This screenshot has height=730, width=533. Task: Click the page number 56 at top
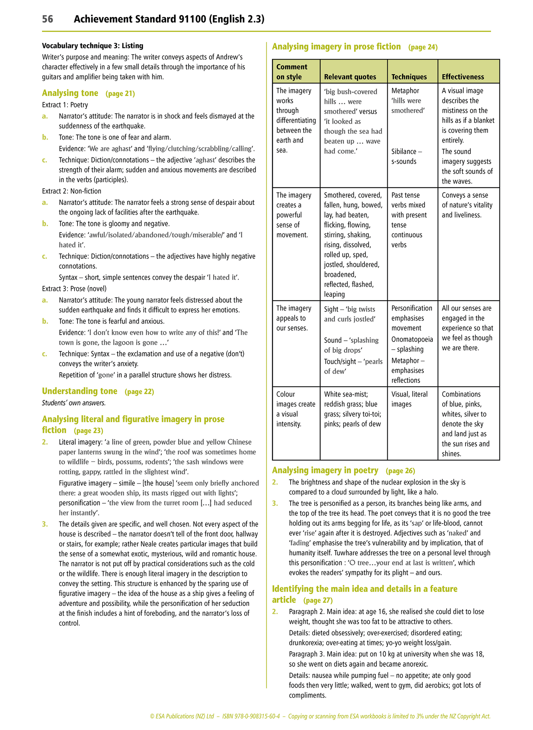point(48,19)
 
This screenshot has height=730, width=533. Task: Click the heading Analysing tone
point(70,93)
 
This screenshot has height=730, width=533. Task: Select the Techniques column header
point(409,77)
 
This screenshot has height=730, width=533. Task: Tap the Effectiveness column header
point(463,77)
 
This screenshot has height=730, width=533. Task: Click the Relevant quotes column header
point(350,77)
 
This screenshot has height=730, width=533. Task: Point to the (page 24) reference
point(423,47)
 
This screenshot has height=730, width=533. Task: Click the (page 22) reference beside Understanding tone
point(139,391)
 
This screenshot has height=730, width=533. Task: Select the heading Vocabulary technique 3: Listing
point(93,46)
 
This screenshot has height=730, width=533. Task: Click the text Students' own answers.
point(74,402)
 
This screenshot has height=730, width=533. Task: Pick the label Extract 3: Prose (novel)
point(74,288)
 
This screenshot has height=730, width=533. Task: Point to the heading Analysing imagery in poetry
point(325,470)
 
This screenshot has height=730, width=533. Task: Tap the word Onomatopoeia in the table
point(412,339)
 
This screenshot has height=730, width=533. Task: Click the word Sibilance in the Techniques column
point(404,151)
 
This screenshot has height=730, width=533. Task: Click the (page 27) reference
point(318,600)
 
